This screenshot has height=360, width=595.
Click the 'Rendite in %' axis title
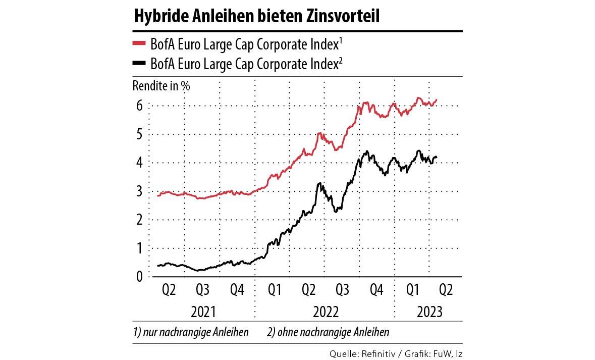pos(161,85)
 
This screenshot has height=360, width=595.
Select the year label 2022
pos(326,312)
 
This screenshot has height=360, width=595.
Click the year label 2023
pos(429,312)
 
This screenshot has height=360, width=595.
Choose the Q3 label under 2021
pos(202,290)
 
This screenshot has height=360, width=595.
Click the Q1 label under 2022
pos(275,290)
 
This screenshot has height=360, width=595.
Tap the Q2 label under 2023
pos(446,290)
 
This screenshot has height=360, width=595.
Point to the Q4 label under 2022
pos(376,290)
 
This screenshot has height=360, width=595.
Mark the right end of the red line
pos(437,99)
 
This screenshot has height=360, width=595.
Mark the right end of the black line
pos(437,157)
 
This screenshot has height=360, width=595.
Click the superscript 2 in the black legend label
pos(342,60)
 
